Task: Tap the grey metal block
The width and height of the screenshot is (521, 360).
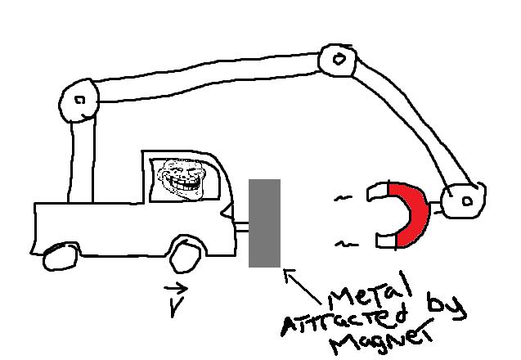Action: click(x=264, y=223)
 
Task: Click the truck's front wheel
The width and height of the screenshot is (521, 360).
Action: click(x=186, y=255)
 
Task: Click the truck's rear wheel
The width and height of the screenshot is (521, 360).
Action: click(x=59, y=257)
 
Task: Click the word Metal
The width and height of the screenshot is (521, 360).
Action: click(x=368, y=293)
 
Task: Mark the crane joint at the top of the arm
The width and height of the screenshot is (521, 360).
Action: click(x=336, y=58)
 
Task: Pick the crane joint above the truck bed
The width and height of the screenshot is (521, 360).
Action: click(x=79, y=101)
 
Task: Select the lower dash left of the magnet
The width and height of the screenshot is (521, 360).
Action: click(x=348, y=243)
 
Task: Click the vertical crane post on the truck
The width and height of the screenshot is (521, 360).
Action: click(x=81, y=160)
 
